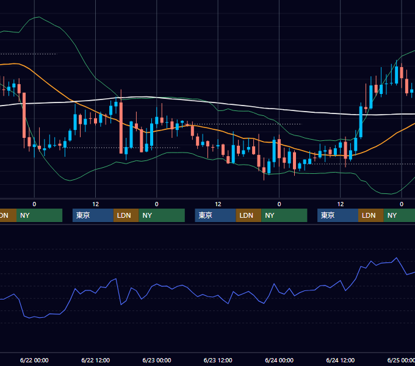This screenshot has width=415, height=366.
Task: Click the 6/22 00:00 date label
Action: pos(34,360)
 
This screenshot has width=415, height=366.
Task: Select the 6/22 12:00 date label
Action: pos(96,360)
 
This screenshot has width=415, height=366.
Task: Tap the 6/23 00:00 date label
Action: pos(157,360)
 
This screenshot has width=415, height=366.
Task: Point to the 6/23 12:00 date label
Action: pos(218,360)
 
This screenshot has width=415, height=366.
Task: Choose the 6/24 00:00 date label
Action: pos(280,360)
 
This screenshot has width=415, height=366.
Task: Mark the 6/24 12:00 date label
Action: pos(341,360)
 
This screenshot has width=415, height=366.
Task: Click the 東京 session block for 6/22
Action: pos(93,215)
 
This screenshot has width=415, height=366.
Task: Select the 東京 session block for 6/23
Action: pos(215,215)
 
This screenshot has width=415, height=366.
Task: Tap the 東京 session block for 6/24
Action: pos(337,215)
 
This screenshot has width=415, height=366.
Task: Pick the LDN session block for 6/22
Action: pos(126,215)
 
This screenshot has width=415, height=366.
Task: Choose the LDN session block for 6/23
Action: pos(248,215)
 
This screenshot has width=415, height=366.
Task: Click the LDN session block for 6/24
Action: pos(371,215)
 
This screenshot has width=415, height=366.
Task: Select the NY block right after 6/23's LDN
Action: pos(284,215)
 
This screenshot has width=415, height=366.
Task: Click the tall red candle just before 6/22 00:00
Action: pos(24,115)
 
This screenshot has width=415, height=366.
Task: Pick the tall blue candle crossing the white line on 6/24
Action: pos(361,122)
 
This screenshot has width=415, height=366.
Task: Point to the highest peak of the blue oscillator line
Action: pos(396,257)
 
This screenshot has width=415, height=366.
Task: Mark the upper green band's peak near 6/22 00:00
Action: pos(39,17)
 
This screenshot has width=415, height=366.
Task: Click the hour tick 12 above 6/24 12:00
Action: pos(341,204)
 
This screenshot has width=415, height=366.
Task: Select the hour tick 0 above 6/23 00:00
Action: pos(157,204)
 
